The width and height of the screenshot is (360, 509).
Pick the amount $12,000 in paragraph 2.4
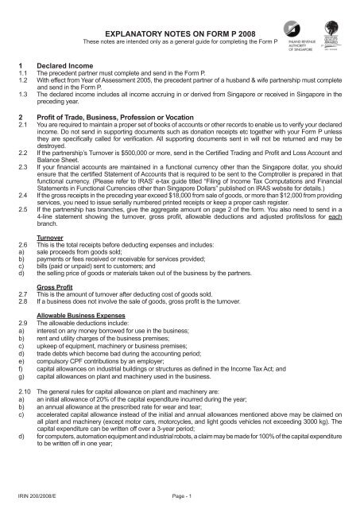[x=309, y=215]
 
